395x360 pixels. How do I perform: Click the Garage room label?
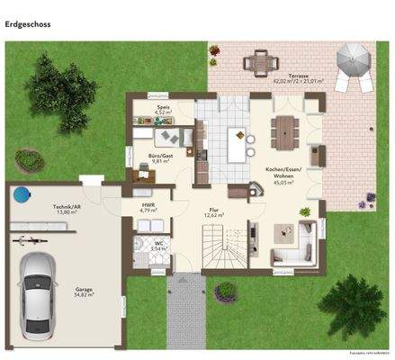click(85, 292)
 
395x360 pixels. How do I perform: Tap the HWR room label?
click(148, 206)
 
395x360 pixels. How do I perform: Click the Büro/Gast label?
click(148, 157)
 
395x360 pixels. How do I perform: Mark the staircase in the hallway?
click(221, 247)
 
